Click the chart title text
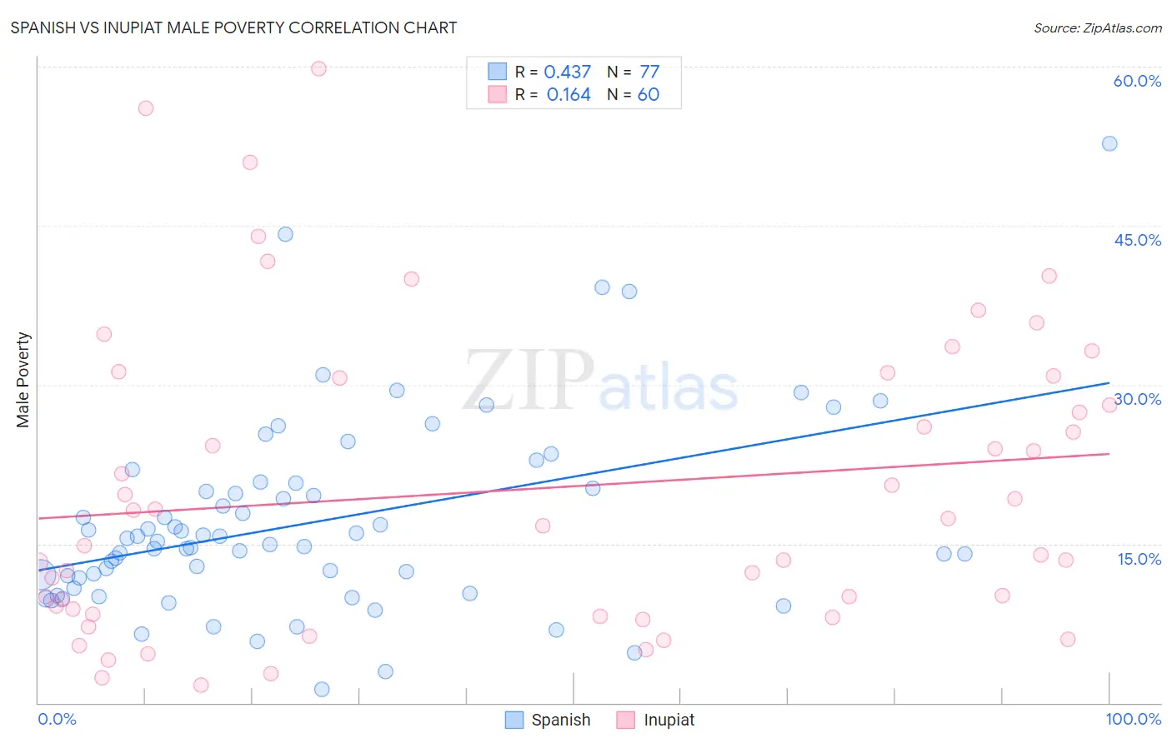[x=233, y=27]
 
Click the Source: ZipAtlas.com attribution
[x=1097, y=27]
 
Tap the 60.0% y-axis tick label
[x=1137, y=81]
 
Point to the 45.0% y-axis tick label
[x=1137, y=240]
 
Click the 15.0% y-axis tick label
[x=1139, y=559]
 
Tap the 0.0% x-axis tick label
[x=57, y=719]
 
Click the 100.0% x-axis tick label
[x=1133, y=719]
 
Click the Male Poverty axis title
[x=23, y=380]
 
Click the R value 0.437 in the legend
[x=567, y=72]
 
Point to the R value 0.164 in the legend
[x=568, y=95]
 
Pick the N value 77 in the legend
[x=649, y=72]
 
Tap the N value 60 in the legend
[x=649, y=95]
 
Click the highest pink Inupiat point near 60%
[x=318, y=68]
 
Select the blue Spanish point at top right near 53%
[x=1109, y=143]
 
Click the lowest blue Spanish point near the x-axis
[x=322, y=689]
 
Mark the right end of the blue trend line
[x=1109, y=383]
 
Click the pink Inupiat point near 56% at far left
[x=146, y=108]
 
